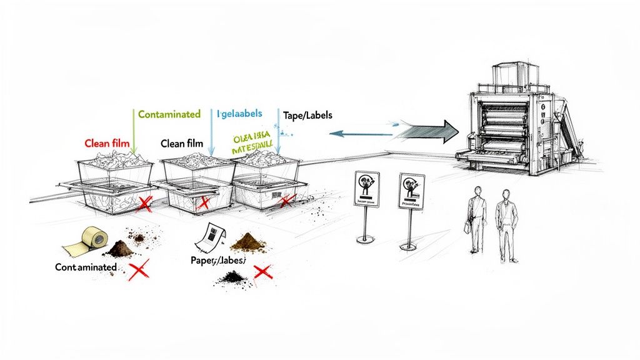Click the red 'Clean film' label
(x=107, y=143)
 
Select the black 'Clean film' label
(x=182, y=143)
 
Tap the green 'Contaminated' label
(x=169, y=114)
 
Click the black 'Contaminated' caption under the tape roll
(x=86, y=267)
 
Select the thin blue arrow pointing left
(x=359, y=132)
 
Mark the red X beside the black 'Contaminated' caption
(x=138, y=270)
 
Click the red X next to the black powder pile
(x=262, y=272)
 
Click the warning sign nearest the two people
(x=411, y=191)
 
